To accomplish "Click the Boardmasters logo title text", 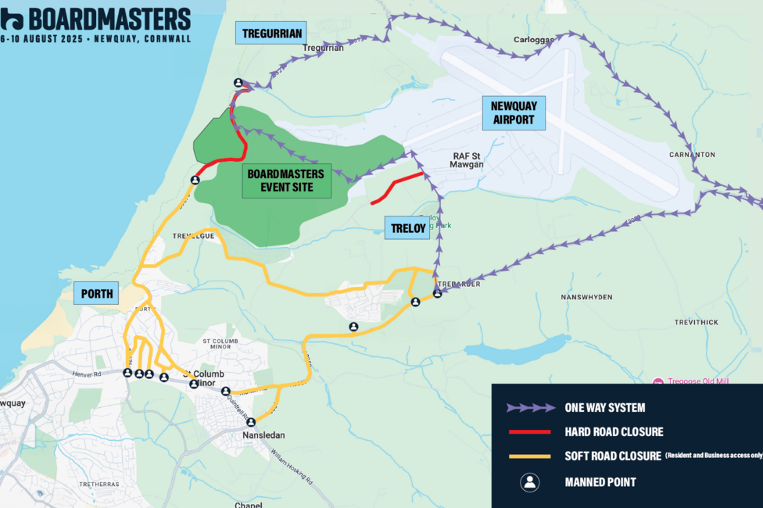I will (109, 18).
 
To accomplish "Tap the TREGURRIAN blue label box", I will (270, 33).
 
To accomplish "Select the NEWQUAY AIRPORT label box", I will (513, 113).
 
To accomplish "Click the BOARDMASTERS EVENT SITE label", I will (287, 181).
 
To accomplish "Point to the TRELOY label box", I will (407, 229).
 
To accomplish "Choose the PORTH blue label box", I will (97, 295).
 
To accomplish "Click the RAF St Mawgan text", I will (467, 160).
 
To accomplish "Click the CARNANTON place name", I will (692, 155).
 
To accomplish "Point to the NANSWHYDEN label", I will (587, 298).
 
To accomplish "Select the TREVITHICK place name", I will (697, 322).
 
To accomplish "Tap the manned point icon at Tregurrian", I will (238, 83).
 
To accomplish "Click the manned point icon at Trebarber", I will (438, 294).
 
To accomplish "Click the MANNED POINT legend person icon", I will (530, 482).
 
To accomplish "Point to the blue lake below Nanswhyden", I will (516, 350).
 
